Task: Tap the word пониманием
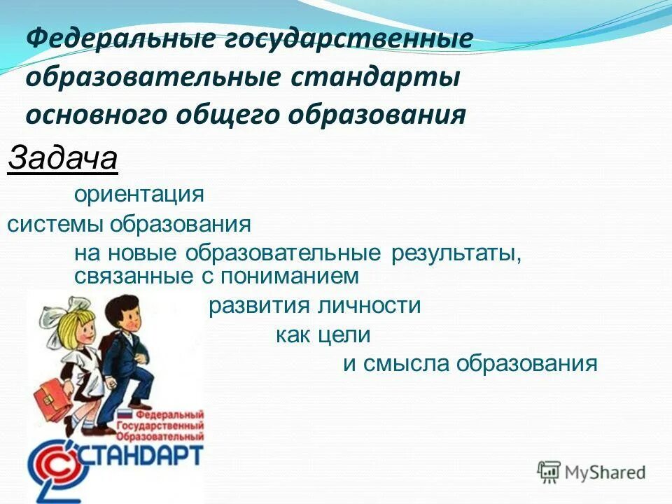click(x=290, y=276)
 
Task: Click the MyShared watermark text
click(x=605, y=472)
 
